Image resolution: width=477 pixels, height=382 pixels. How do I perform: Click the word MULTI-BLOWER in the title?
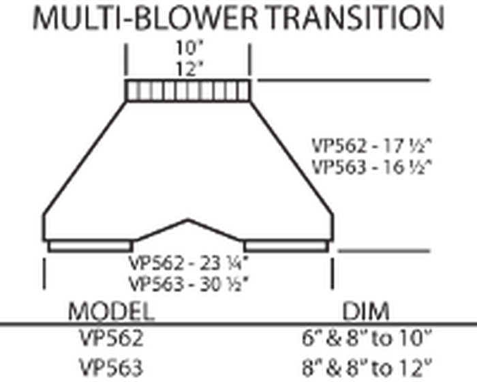(145, 18)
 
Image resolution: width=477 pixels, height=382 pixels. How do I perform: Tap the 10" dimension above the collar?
(189, 48)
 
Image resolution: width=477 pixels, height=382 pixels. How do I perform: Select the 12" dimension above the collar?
(189, 68)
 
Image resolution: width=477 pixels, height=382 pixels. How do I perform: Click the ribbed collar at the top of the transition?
(187, 91)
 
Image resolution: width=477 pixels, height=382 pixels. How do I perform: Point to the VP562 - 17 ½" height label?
(372, 146)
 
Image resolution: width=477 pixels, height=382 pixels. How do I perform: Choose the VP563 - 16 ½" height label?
(372, 167)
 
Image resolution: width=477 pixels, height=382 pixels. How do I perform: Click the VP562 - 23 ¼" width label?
(189, 263)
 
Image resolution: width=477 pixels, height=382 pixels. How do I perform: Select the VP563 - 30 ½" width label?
(189, 284)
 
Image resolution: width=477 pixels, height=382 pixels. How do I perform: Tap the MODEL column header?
(111, 311)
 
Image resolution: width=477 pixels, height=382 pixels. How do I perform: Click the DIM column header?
(366, 311)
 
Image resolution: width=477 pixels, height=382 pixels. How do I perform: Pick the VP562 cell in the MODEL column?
(111, 338)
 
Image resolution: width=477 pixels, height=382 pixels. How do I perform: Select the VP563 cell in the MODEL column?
(111, 367)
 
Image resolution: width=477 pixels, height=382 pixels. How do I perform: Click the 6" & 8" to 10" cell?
(367, 338)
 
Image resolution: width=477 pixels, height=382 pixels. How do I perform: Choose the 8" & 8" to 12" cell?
(367, 367)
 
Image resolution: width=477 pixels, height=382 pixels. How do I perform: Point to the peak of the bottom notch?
(188, 220)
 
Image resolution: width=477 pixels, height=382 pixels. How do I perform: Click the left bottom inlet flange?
(90, 246)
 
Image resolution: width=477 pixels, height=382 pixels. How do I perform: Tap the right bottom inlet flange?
(287, 246)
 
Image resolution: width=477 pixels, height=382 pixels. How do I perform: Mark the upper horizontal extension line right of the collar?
(343, 80)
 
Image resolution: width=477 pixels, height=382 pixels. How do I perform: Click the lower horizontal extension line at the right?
(384, 251)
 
